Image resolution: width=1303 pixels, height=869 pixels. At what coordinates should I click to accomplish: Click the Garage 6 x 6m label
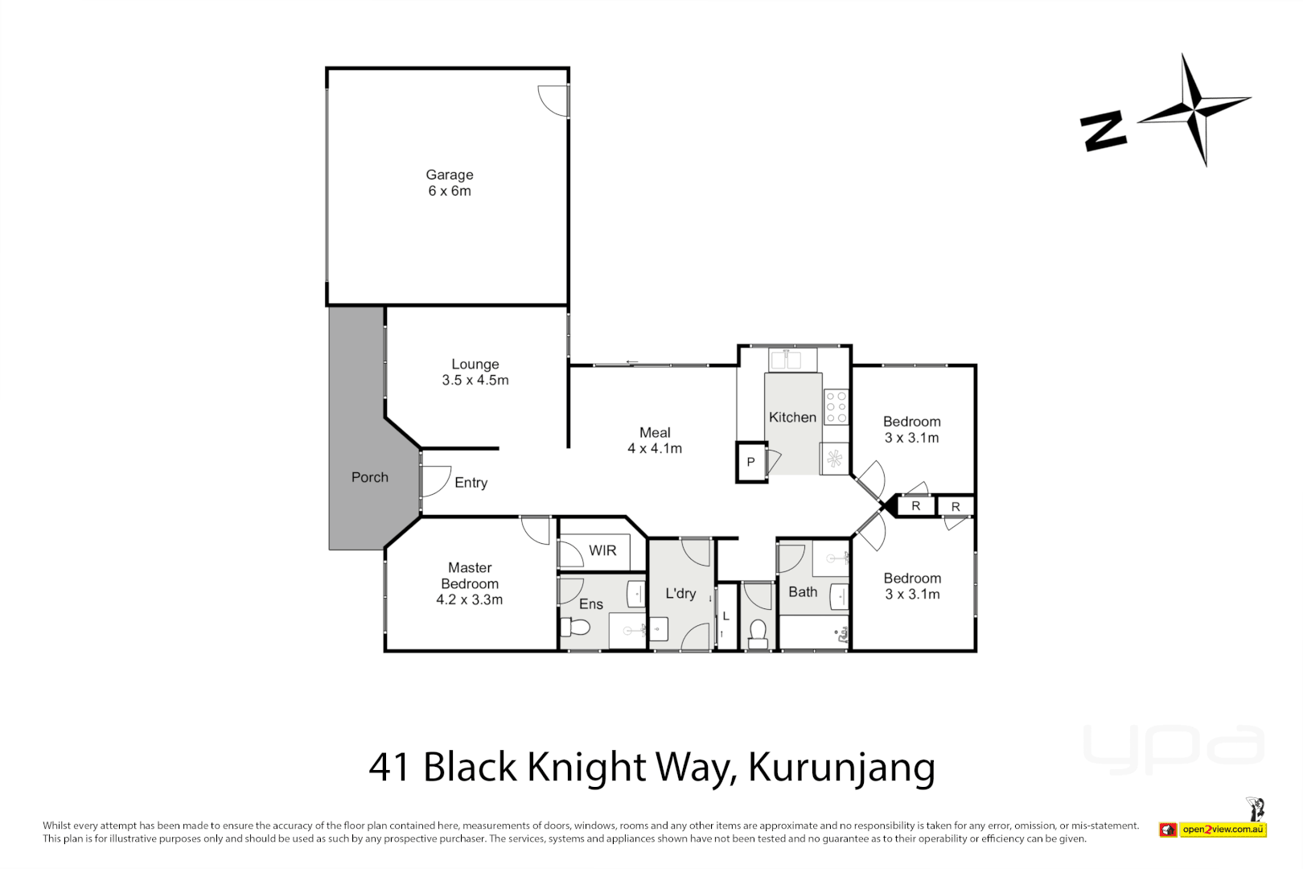(x=449, y=183)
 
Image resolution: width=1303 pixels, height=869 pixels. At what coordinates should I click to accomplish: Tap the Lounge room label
(x=475, y=372)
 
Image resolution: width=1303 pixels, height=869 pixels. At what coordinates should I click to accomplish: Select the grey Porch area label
(x=369, y=477)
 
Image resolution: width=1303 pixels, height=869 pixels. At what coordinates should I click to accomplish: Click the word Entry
(x=471, y=483)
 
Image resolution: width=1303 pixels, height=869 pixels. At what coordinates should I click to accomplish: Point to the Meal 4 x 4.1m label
(x=654, y=440)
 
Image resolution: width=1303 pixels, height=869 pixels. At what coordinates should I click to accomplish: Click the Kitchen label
(x=791, y=417)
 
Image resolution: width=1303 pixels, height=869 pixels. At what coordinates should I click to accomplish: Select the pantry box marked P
(x=750, y=462)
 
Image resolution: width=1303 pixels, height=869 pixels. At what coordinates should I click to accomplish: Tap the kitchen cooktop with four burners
(x=836, y=407)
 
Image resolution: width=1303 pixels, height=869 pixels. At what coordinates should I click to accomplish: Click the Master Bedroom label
(x=469, y=583)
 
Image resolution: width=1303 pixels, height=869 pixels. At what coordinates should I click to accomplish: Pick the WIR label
(x=602, y=550)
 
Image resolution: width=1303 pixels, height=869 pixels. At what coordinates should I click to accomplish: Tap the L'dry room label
(x=680, y=593)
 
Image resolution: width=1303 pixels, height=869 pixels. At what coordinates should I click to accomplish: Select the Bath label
(x=802, y=591)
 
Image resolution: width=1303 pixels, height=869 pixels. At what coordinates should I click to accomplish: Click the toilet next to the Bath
(x=757, y=633)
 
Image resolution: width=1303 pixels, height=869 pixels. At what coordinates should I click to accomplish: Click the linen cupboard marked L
(x=725, y=616)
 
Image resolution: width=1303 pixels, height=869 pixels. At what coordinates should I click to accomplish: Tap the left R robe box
(x=915, y=506)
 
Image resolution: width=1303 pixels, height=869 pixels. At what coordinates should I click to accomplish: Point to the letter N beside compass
(x=1103, y=131)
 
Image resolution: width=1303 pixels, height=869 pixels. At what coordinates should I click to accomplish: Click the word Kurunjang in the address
(x=841, y=767)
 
